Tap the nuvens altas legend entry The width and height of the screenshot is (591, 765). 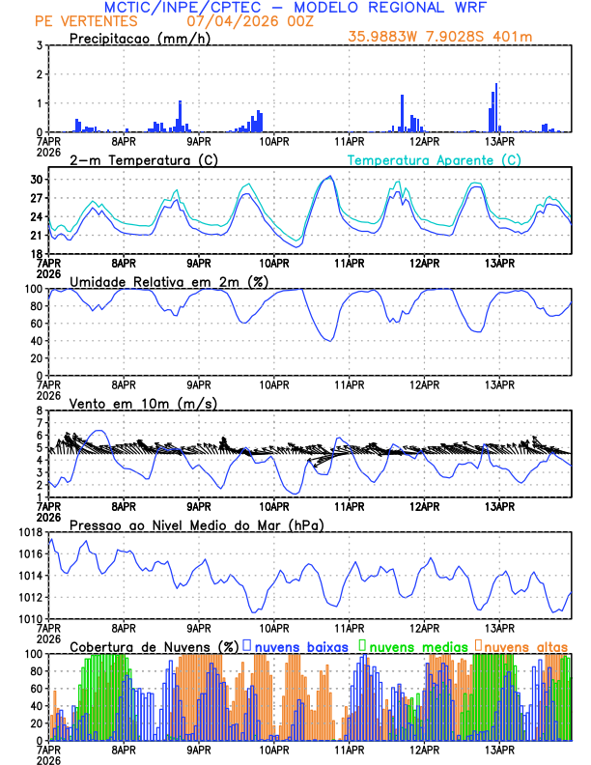tap(524, 645)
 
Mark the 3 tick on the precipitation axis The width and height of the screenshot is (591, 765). tap(40, 45)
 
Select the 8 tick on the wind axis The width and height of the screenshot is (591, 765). tap(40, 411)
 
